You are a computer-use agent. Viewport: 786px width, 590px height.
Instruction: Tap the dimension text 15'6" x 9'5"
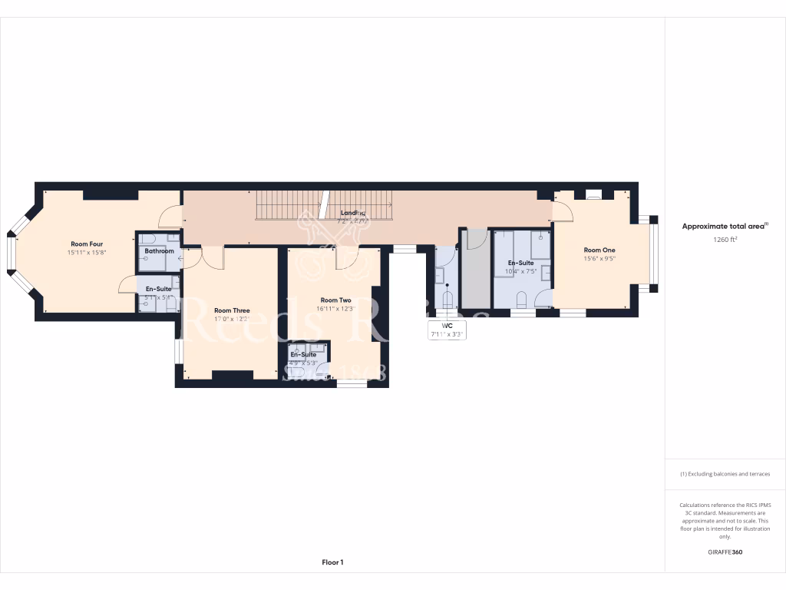599,259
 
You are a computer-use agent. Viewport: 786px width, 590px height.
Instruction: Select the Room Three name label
232,310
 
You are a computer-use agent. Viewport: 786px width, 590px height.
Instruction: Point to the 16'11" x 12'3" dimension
335,309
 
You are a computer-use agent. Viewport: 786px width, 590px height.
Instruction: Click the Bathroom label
159,251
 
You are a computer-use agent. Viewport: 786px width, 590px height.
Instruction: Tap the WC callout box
447,330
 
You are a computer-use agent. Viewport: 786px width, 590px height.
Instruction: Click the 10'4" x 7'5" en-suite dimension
520,271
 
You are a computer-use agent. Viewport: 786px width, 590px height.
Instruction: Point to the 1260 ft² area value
725,239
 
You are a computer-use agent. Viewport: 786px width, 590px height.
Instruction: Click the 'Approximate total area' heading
725,226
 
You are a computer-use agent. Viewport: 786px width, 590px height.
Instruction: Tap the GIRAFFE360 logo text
725,552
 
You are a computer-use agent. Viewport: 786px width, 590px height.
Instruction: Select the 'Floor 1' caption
332,562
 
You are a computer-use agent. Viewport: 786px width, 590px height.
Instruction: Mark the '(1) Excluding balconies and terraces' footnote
725,474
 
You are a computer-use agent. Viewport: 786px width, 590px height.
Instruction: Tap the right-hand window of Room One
653,254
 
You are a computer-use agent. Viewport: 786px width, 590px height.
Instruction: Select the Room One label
599,250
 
